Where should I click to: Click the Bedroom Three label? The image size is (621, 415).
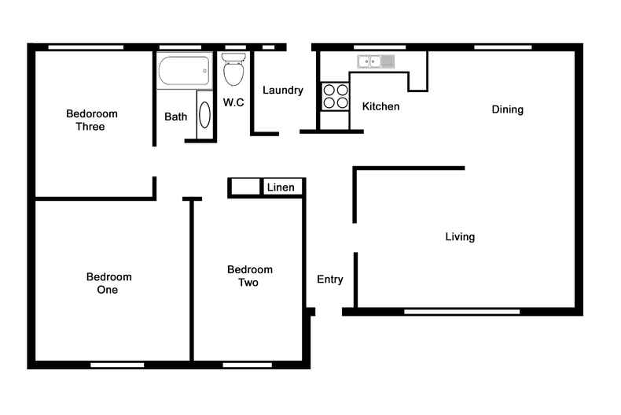pyautogui.click(x=85, y=120)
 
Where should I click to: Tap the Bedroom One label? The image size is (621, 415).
pyautogui.click(x=108, y=283)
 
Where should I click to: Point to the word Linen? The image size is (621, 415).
pyautogui.click(x=281, y=187)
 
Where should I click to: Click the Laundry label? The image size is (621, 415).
pyautogui.click(x=283, y=91)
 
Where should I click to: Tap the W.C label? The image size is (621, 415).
pyautogui.click(x=233, y=102)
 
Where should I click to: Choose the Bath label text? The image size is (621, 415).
pyautogui.click(x=176, y=117)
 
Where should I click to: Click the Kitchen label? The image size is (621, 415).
pyautogui.click(x=380, y=106)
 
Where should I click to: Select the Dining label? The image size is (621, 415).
pyautogui.click(x=507, y=109)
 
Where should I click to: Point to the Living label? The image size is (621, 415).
pyautogui.click(x=460, y=236)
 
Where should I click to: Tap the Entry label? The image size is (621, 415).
pyautogui.click(x=330, y=280)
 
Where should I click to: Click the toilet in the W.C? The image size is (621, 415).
pyautogui.click(x=233, y=69)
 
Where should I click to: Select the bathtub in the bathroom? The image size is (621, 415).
pyautogui.click(x=185, y=72)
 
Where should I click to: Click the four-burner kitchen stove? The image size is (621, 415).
pyautogui.click(x=336, y=96)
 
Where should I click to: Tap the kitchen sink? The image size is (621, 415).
pyautogui.click(x=375, y=61)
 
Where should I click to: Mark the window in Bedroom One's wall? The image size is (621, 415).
pyautogui.click(x=117, y=365)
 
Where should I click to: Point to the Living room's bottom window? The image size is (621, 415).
pyautogui.click(x=461, y=312)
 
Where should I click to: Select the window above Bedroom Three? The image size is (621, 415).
pyautogui.click(x=86, y=47)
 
